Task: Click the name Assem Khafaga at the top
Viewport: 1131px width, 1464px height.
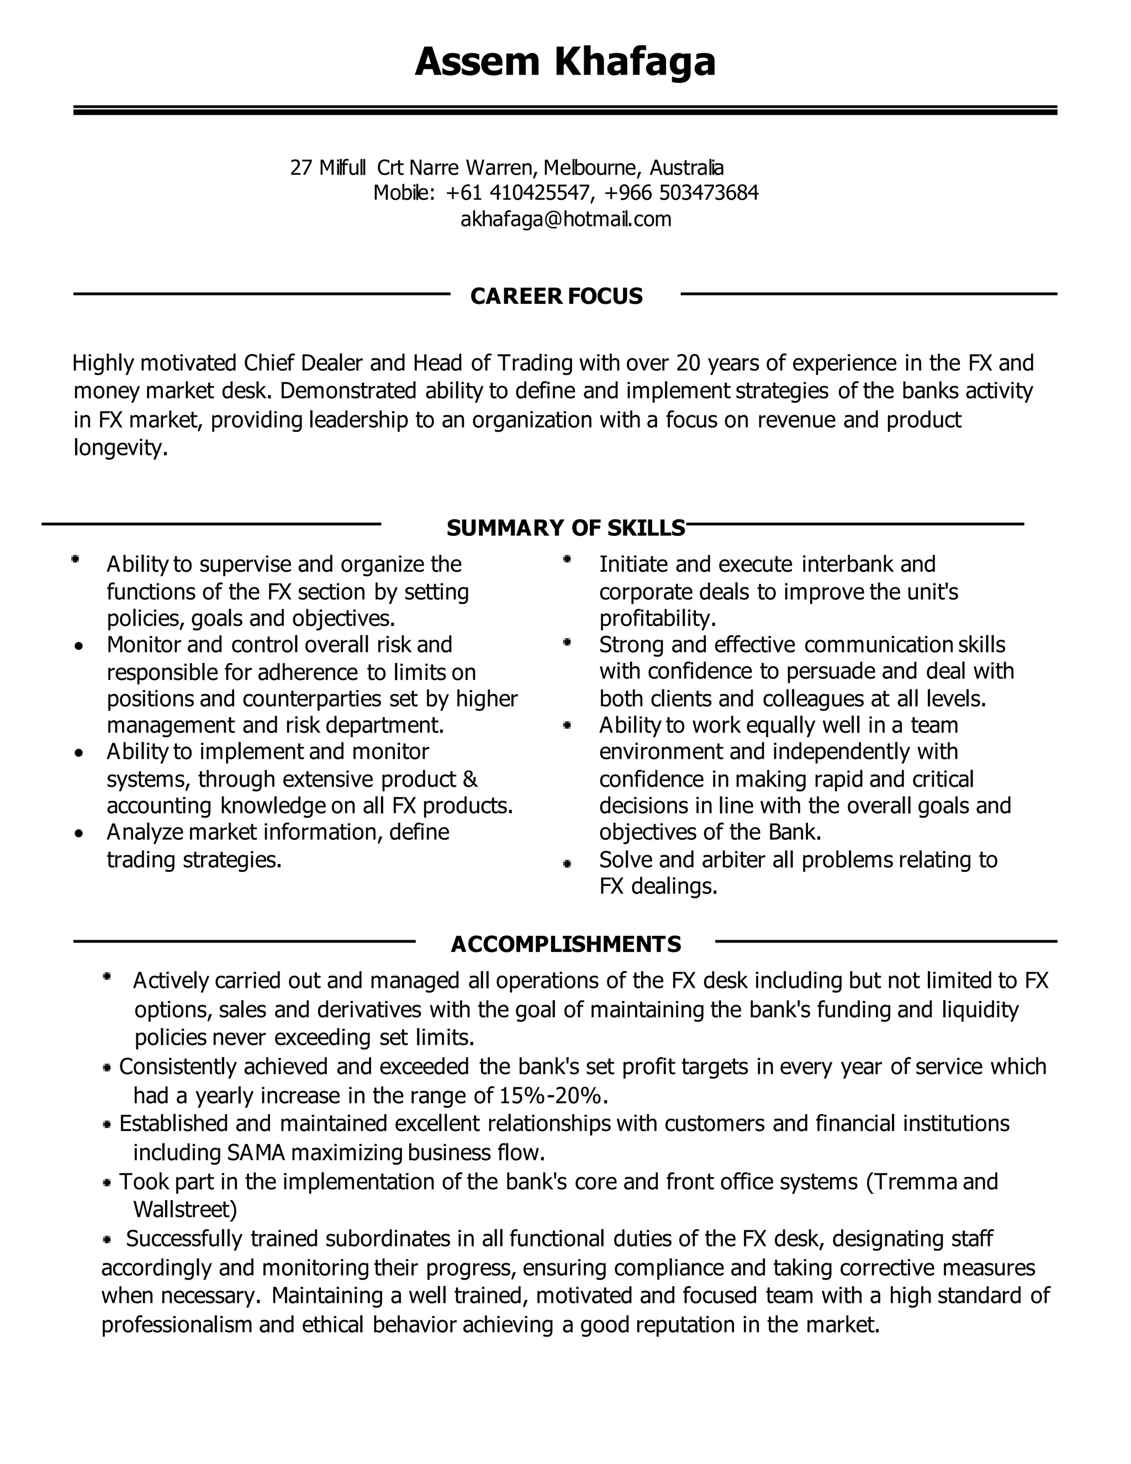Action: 565,62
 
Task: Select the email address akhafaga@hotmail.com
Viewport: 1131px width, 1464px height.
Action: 565,219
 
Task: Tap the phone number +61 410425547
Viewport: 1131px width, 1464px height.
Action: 519,193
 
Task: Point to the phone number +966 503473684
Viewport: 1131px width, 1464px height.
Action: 681,193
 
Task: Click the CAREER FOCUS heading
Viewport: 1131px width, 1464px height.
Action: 556,296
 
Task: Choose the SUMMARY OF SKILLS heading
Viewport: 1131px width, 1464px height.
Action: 565,528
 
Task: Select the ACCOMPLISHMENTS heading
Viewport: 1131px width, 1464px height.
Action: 565,945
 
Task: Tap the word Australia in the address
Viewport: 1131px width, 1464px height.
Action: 687,167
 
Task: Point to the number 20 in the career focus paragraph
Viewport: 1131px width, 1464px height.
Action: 688,364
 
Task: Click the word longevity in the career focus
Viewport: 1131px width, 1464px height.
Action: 119,448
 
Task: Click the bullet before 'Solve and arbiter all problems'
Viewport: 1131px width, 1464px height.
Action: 567,864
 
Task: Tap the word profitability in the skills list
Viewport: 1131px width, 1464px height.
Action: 657,618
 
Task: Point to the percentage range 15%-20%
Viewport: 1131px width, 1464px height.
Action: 553,1096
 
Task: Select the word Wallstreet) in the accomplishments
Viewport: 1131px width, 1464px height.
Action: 186,1209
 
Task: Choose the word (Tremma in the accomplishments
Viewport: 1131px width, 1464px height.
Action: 911,1181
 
